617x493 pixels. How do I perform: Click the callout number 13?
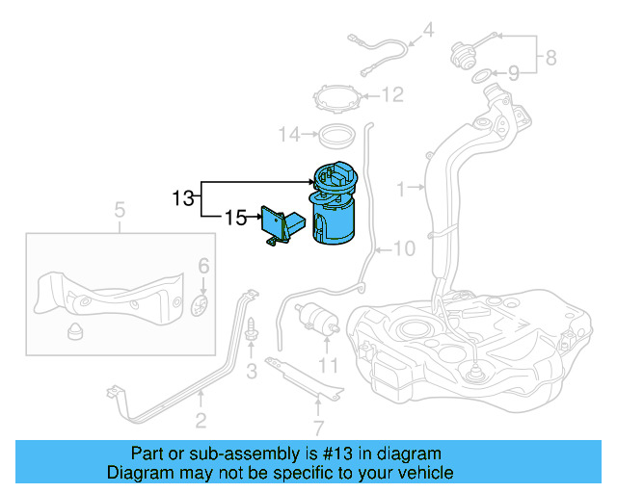[183, 199]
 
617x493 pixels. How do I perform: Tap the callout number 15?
[235, 218]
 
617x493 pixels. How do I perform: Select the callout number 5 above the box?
[120, 209]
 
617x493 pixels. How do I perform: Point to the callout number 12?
[391, 95]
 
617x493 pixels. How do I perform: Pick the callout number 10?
[403, 249]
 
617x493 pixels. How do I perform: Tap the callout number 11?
[330, 366]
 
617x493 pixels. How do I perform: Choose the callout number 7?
[319, 428]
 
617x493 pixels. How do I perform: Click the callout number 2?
[201, 420]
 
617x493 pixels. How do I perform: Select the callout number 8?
[550, 58]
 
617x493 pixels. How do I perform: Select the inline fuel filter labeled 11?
[315, 316]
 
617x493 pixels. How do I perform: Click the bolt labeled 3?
[252, 331]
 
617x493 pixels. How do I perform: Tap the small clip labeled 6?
[201, 304]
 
